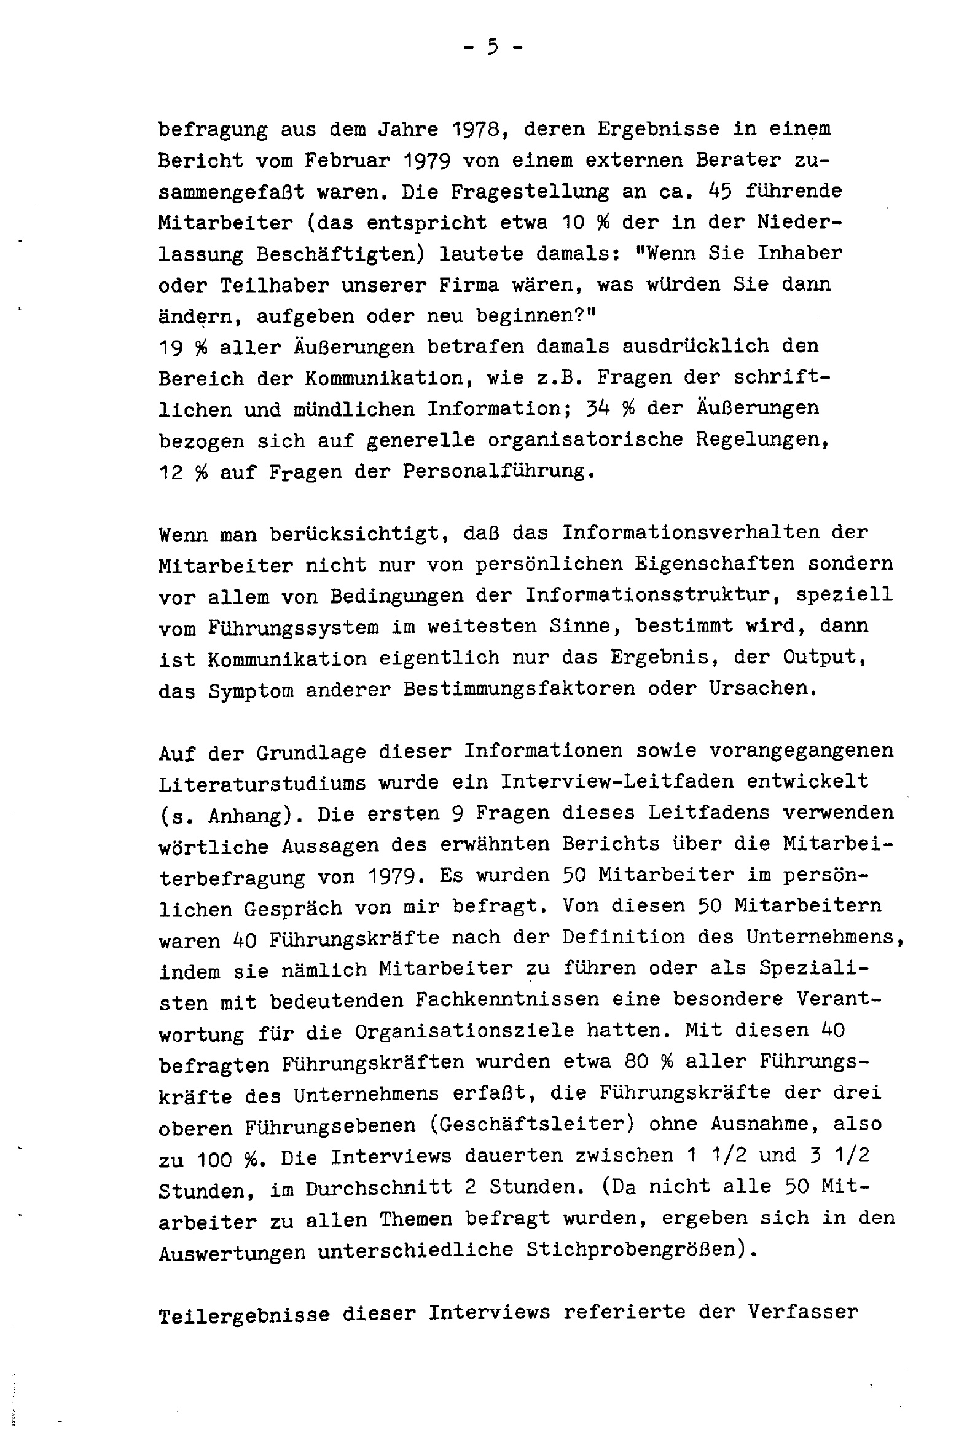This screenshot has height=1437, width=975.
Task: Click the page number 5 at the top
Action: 492,47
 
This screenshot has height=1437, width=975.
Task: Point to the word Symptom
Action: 251,690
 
